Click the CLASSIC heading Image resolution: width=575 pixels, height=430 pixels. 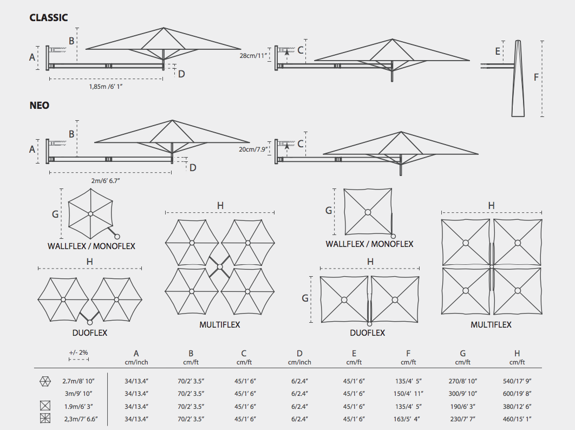click(48, 18)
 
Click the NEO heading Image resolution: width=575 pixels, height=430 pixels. click(39, 106)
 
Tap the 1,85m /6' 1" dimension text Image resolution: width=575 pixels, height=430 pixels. click(106, 87)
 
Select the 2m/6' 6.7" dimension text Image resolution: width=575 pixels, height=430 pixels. click(106, 180)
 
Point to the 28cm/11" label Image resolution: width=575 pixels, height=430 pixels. click(253, 56)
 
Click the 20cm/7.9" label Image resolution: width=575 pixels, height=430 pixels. click(253, 149)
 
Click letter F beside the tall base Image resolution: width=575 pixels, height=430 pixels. click(536, 77)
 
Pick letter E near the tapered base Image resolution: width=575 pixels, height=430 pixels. click(498, 51)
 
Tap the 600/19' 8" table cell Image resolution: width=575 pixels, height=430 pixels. click(517, 394)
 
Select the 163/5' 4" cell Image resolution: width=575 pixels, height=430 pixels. click(408, 419)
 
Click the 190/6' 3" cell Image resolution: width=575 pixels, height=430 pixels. click(463, 407)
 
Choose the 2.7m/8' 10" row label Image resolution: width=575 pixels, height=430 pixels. click(79, 381)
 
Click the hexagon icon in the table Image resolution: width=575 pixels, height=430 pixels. click(45, 382)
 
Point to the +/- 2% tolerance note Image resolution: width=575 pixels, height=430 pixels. click(79, 353)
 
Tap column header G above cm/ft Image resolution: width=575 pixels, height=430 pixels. click(463, 353)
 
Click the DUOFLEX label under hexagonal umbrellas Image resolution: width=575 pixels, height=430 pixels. click(90, 333)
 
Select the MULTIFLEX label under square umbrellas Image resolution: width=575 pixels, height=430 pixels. click(491, 325)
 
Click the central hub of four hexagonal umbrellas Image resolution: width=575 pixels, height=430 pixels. click(220, 267)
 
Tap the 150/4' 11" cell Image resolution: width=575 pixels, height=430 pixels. click(408, 394)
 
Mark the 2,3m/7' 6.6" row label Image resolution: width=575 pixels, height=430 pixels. click(81, 419)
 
